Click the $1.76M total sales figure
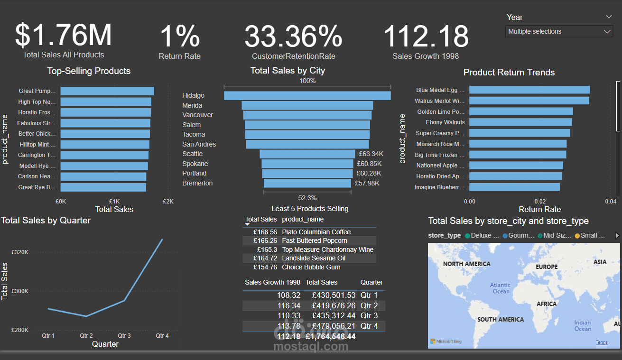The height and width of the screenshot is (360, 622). click(x=63, y=35)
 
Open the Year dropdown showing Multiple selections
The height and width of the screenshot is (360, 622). click(x=559, y=32)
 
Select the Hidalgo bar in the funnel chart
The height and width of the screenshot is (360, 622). click(x=307, y=95)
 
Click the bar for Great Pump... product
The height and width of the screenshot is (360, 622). click(x=107, y=91)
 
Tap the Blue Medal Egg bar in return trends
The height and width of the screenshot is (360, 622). click(x=529, y=90)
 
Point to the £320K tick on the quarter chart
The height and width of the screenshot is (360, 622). click(x=20, y=252)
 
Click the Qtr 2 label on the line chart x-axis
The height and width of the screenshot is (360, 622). click(x=86, y=336)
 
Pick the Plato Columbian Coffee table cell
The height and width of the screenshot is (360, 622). click(x=316, y=232)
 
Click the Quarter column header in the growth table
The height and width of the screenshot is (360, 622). click(x=371, y=282)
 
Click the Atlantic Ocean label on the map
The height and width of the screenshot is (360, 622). click(x=500, y=288)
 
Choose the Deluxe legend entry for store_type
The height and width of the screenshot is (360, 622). click(x=482, y=235)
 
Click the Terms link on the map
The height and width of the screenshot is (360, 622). click(x=602, y=342)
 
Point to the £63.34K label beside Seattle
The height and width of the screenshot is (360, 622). click(x=371, y=154)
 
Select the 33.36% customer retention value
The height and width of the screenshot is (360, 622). click(x=293, y=36)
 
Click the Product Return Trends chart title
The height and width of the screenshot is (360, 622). click(x=509, y=73)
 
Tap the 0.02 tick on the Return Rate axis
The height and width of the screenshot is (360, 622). click(x=540, y=202)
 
